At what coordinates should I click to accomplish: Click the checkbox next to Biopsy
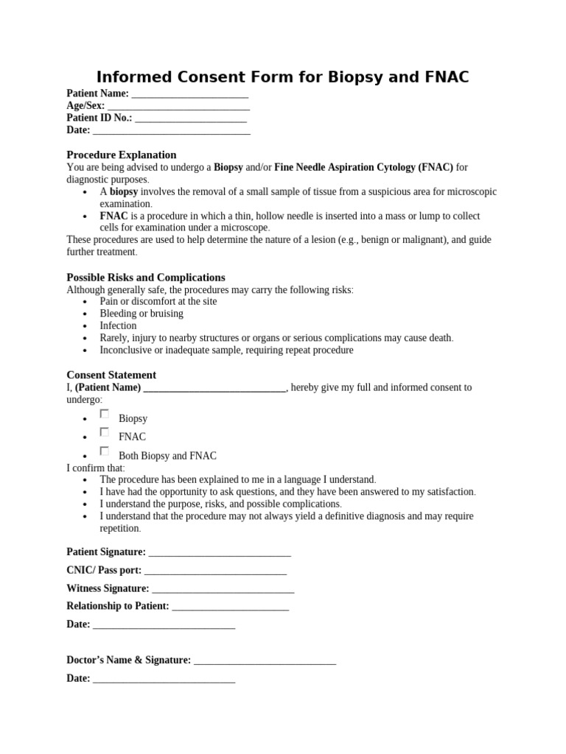pyautogui.click(x=105, y=415)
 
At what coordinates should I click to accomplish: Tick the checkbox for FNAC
pyautogui.click(x=105, y=433)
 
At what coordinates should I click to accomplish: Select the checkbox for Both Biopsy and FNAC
pyautogui.click(x=105, y=451)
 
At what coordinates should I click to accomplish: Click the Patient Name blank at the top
pyautogui.click(x=189, y=95)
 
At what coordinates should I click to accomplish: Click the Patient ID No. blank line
pyautogui.click(x=191, y=119)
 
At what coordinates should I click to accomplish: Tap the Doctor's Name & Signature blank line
pyautogui.click(x=265, y=661)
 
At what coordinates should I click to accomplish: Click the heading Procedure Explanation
pyautogui.click(x=122, y=155)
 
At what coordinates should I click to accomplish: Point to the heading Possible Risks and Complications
pyautogui.click(x=146, y=278)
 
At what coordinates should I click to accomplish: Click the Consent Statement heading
pyautogui.click(x=111, y=375)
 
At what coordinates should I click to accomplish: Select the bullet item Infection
pyautogui.click(x=118, y=325)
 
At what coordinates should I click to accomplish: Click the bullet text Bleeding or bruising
pyautogui.click(x=141, y=314)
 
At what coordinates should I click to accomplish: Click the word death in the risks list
pyautogui.click(x=439, y=338)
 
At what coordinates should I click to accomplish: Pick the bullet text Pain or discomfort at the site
pyautogui.click(x=158, y=302)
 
